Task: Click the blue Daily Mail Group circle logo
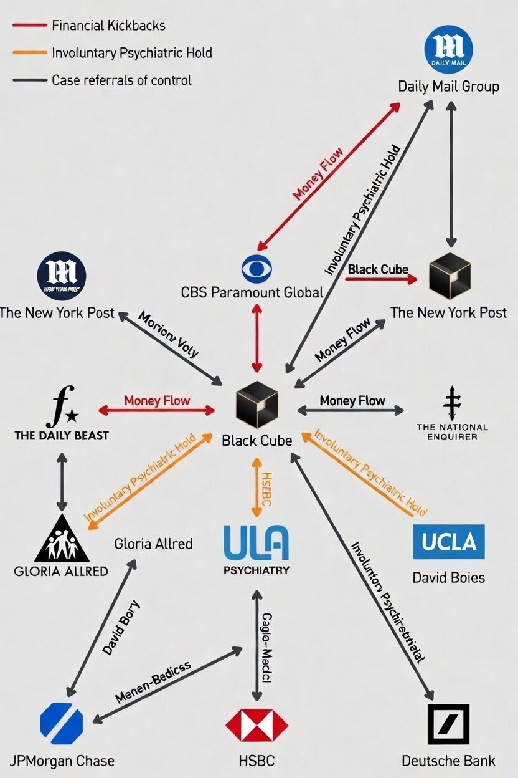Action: (448, 49)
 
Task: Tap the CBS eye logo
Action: (257, 269)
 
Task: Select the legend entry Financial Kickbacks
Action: (108, 26)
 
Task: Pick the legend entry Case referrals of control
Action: (121, 80)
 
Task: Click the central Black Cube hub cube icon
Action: (257, 405)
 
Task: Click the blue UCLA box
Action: (448, 541)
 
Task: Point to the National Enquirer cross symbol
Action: (452, 403)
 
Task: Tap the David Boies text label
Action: (448, 577)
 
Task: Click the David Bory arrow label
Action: (122, 627)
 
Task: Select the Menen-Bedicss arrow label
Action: (153, 681)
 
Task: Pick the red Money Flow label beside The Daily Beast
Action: (157, 400)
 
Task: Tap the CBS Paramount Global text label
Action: (252, 292)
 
